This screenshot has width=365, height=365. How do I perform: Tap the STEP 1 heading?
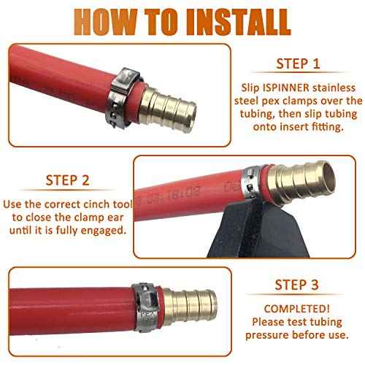(x=298, y=64)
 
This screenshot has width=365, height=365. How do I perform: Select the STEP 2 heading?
(x=67, y=180)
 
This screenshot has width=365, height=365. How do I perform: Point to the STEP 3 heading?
(x=296, y=285)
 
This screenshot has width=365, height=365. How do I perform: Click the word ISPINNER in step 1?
(x=286, y=88)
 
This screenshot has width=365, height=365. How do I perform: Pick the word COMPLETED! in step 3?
(x=297, y=309)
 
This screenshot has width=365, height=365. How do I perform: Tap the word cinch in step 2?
(x=97, y=204)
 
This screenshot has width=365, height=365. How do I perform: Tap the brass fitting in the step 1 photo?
(x=168, y=109)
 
